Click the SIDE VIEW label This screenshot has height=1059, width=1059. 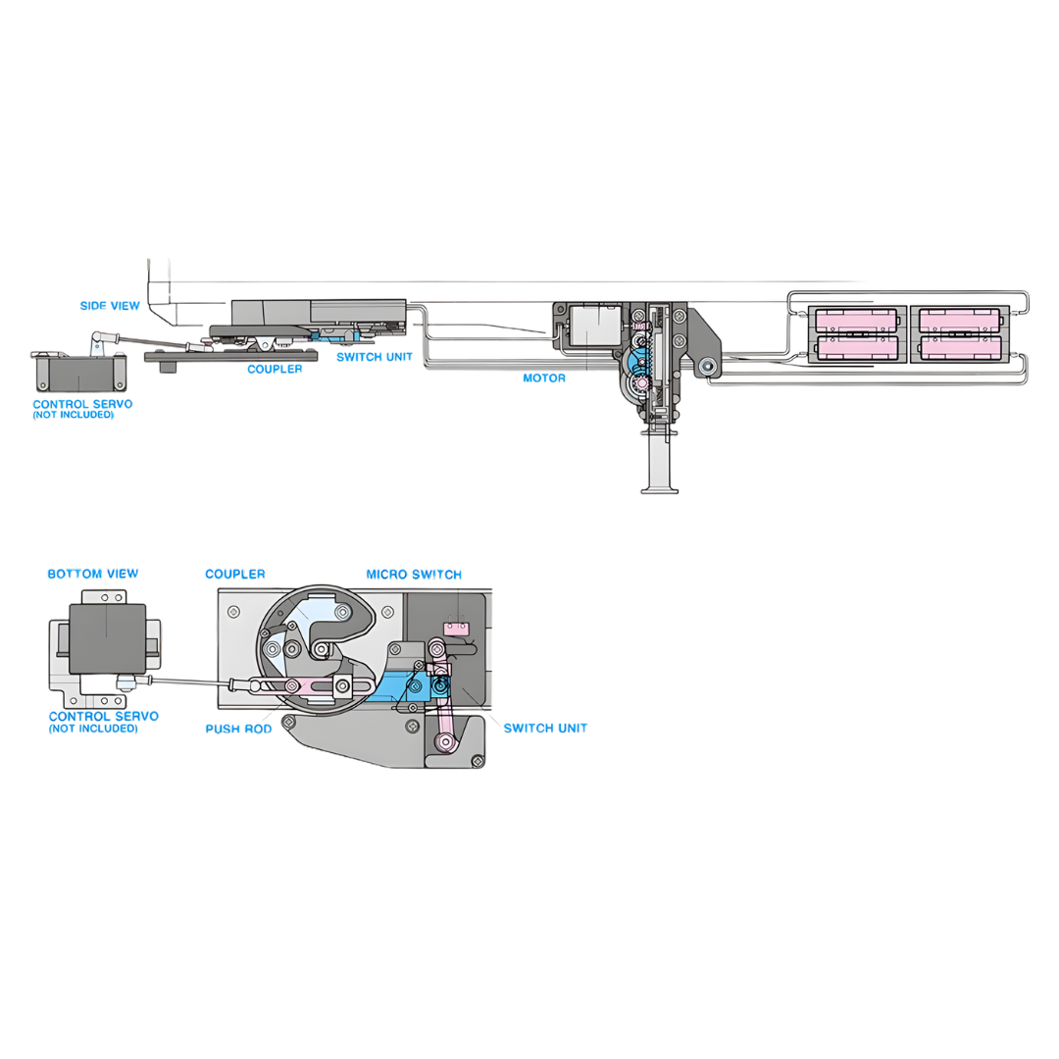click(110, 306)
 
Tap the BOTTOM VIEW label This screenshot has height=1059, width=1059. click(93, 574)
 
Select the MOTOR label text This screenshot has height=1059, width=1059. click(544, 378)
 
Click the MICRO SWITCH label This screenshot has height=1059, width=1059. click(414, 575)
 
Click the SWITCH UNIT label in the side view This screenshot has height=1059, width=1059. click(375, 357)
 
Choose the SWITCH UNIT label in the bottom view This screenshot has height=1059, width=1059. click(545, 728)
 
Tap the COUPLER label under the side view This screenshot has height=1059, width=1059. click(275, 370)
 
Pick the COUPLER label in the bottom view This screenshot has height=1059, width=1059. click(235, 574)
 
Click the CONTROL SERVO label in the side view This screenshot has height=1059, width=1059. click(82, 404)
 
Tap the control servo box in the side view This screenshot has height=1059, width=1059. click(78, 375)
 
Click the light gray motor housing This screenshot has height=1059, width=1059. click(594, 325)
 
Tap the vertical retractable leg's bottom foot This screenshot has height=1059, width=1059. click(659, 487)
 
